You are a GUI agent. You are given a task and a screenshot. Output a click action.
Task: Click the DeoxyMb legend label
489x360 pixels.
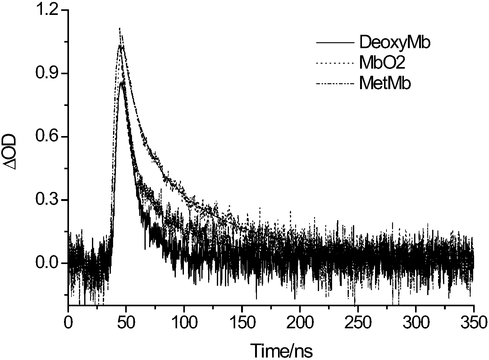click(395, 43)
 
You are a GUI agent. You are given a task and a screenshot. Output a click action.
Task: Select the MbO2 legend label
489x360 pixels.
click(382, 63)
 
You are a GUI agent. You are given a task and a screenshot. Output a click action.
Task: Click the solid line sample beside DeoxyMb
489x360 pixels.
click(335, 43)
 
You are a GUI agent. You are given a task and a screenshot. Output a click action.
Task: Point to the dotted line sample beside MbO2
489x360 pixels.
click(335, 63)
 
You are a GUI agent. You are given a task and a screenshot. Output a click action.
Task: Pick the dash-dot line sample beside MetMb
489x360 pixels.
click(335, 83)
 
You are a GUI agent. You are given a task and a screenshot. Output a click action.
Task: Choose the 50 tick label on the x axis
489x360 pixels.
click(126, 323)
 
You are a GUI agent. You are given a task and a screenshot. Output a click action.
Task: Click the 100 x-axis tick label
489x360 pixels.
click(184, 323)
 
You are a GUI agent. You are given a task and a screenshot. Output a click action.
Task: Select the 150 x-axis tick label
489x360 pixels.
click(242, 323)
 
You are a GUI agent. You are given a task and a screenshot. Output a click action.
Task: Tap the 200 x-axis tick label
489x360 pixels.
click(300, 323)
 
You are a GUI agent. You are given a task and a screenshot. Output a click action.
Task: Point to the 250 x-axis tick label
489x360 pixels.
click(358, 323)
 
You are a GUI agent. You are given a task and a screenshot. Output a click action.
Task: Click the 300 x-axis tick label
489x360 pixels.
click(416, 323)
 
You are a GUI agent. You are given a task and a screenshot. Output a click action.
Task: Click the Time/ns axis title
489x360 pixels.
click(281, 350)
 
